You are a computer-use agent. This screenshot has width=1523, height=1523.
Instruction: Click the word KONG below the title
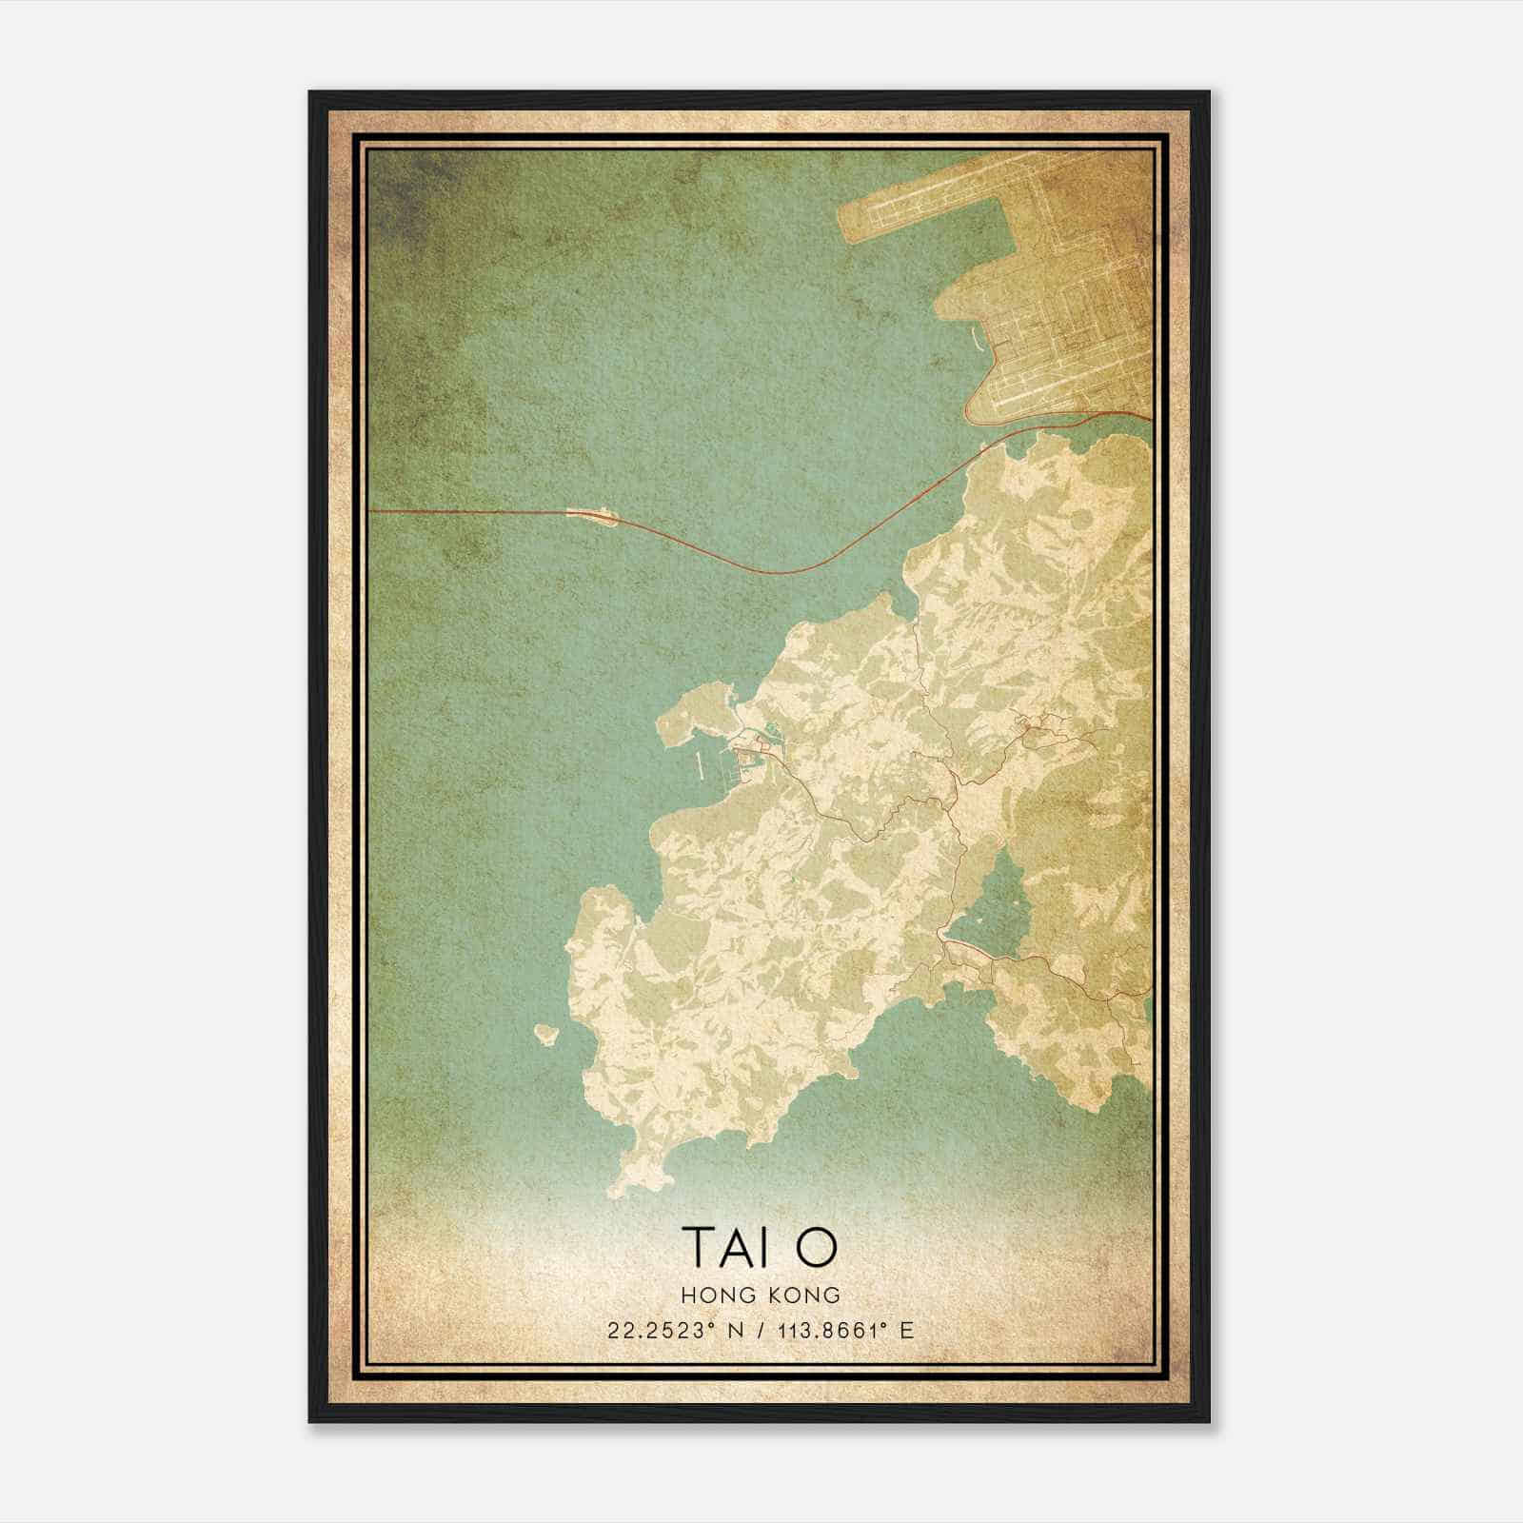coord(805,1295)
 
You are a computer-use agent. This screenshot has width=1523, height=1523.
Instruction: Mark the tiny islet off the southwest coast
coord(546,1033)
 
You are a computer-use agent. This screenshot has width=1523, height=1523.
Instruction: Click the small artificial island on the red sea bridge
coord(594,516)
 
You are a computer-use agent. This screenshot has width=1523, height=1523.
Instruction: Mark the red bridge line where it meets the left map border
coord(370,511)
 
